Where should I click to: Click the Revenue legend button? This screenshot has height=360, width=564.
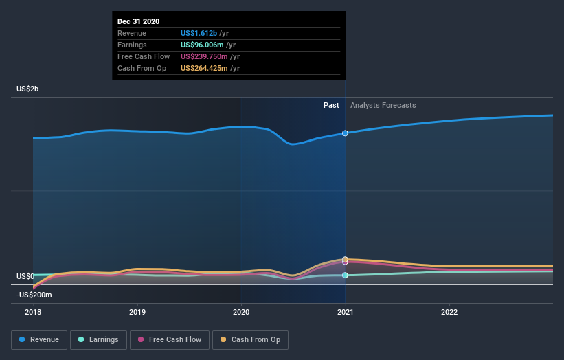pyautogui.click(x=40, y=339)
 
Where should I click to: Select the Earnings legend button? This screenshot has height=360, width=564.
pyautogui.click(x=98, y=339)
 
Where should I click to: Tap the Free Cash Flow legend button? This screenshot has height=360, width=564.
pyautogui.click(x=170, y=339)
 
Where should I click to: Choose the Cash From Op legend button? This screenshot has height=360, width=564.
pyautogui.click(x=250, y=339)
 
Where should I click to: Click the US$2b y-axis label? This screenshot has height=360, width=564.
pyautogui.click(x=29, y=89)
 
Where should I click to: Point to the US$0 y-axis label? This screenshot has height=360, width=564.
pyautogui.click(x=25, y=276)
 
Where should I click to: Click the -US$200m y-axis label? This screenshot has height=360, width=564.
pyautogui.click(x=34, y=295)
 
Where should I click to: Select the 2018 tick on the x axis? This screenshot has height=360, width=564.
pyautogui.click(x=33, y=311)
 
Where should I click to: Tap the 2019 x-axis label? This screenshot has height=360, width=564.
pyautogui.click(x=137, y=311)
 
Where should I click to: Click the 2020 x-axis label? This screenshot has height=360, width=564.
pyautogui.click(x=241, y=311)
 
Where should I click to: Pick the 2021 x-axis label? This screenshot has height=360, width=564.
pyautogui.click(x=345, y=311)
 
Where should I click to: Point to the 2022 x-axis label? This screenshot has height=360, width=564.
pyautogui.click(x=449, y=311)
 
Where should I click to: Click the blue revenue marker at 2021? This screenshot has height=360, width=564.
pyautogui.click(x=345, y=133)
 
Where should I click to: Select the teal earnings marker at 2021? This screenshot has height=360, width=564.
pyautogui.click(x=345, y=275)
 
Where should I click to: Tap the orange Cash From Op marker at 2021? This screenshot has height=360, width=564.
pyautogui.click(x=345, y=259)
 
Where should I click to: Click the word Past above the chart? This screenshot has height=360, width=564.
pyautogui.click(x=331, y=105)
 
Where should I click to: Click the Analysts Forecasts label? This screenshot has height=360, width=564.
pyautogui.click(x=383, y=105)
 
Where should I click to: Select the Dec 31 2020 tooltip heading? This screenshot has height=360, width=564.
pyautogui.click(x=139, y=21)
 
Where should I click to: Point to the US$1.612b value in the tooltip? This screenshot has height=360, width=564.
pyautogui.click(x=199, y=33)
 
